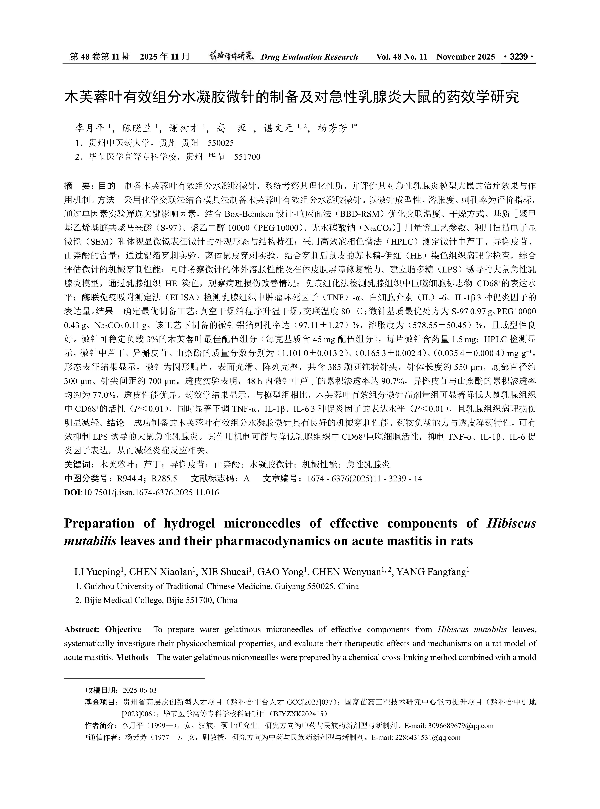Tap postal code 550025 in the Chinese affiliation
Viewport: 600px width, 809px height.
(220, 143)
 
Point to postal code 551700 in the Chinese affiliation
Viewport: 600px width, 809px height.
(247, 157)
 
